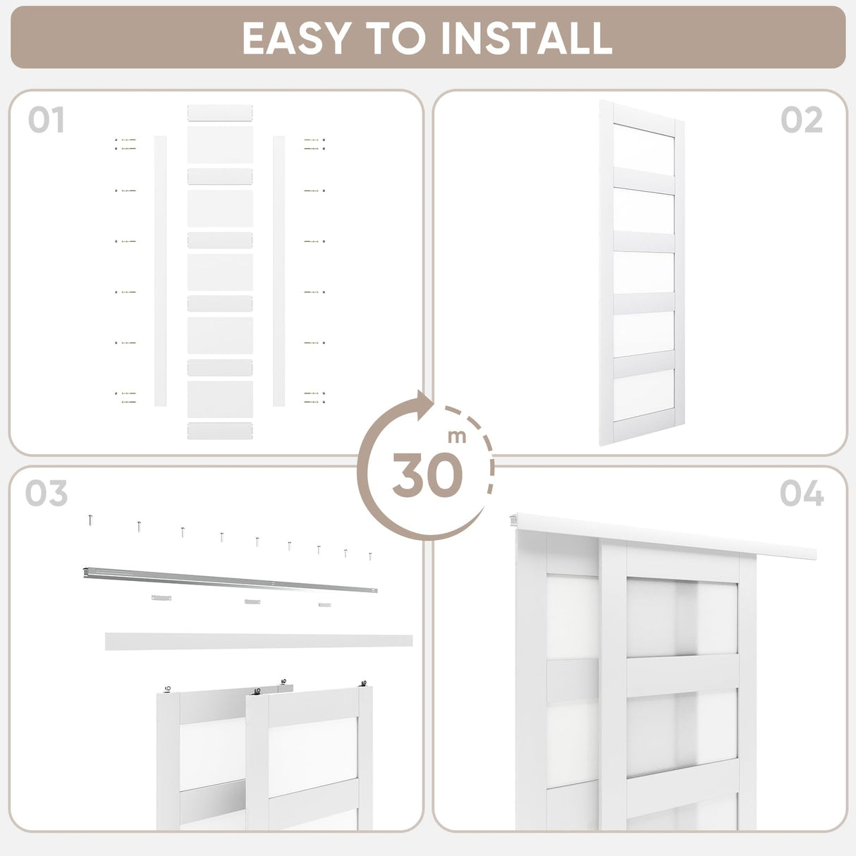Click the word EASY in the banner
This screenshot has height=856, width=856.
coord(296,38)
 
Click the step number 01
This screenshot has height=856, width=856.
coord(47,121)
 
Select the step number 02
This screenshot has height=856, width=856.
coord(802,121)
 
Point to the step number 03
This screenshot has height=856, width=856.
coord(47,494)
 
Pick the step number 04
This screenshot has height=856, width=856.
coord(802,494)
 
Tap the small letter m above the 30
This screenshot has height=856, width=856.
coord(457,436)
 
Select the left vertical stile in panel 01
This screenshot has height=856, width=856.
coord(160,271)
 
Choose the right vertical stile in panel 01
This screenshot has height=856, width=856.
coord(279,271)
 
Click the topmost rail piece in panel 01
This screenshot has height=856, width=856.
coord(220,113)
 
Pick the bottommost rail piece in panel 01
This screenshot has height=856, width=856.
coord(220,431)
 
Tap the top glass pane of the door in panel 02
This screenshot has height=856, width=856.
coord(643,149)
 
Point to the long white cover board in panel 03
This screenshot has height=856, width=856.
coord(259,641)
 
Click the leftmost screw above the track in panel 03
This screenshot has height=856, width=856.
coord(91,520)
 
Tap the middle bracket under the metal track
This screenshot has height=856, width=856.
coord(252,601)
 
